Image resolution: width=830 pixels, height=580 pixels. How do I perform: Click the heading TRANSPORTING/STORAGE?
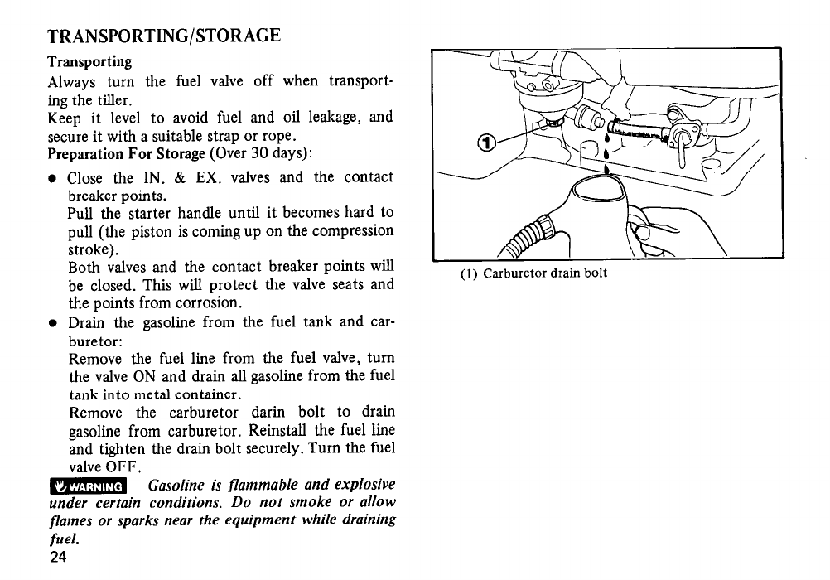(x=164, y=36)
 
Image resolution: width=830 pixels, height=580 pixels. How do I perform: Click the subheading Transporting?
(x=89, y=62)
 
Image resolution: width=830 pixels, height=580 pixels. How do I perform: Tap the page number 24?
(x=58, y=556)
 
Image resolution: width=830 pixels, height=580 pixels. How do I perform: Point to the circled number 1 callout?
(x=490, y=141)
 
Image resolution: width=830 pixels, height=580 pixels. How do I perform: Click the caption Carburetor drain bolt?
(x=545, y=273)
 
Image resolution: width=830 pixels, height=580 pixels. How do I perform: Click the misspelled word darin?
(x=267, y=413)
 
